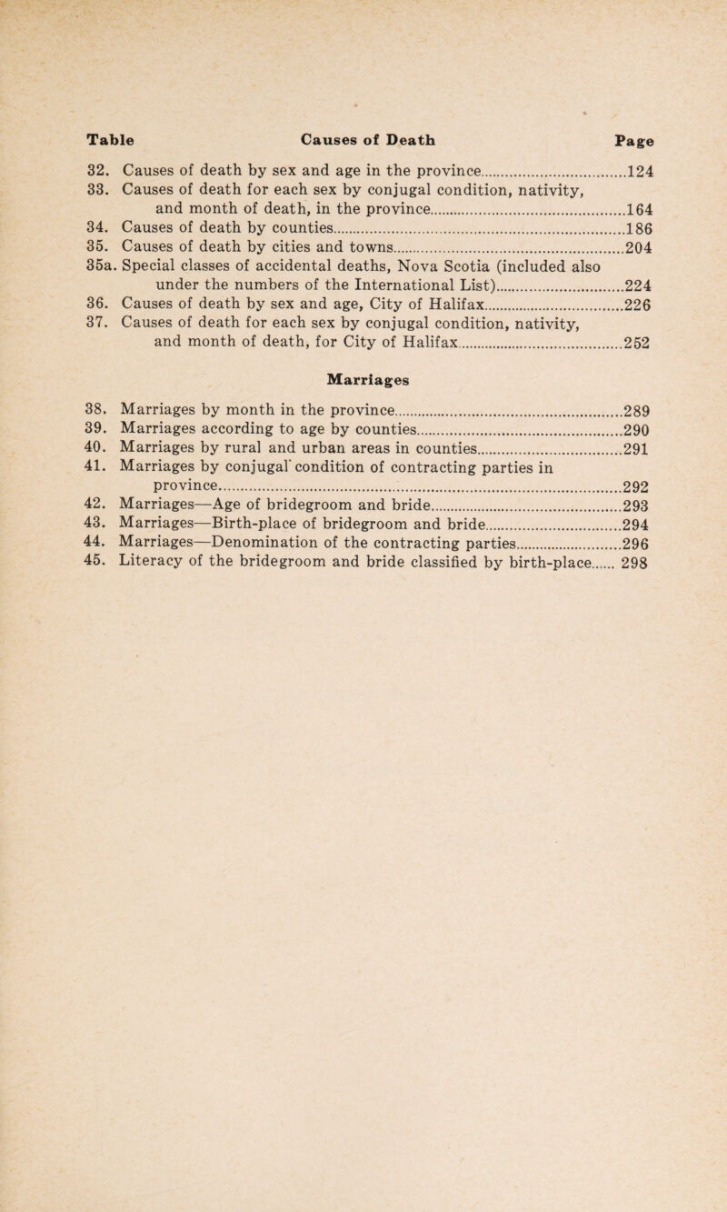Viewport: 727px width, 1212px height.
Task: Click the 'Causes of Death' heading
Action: (x=367, y=142)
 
